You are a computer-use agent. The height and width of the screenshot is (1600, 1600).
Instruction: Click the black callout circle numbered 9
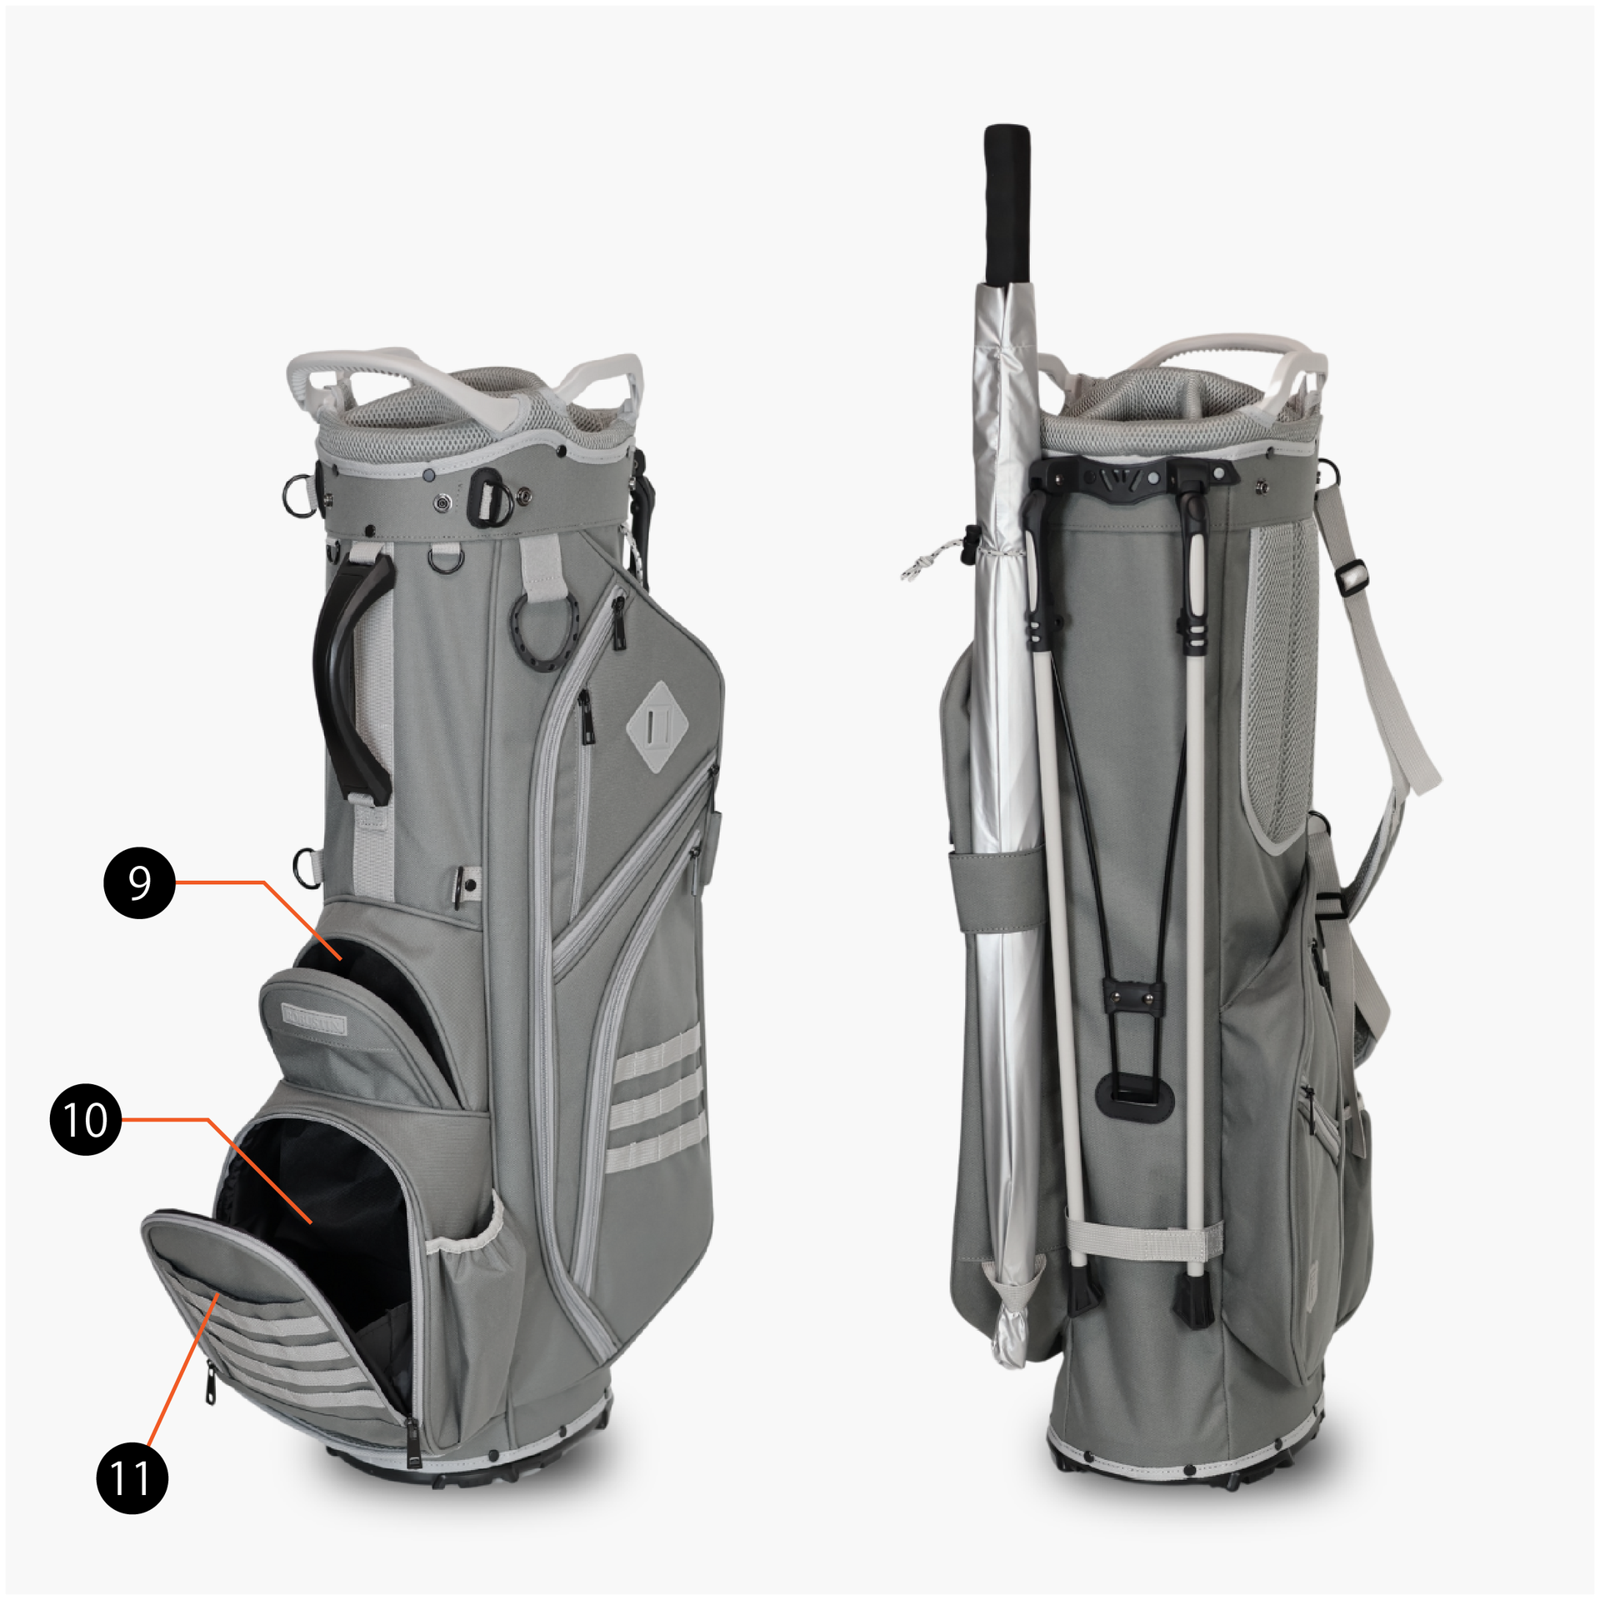tap(139, 882)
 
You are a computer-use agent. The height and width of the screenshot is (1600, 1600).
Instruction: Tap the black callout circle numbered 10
tap(86, 1119)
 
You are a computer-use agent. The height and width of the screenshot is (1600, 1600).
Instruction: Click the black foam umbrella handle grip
tap(1007, 205)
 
